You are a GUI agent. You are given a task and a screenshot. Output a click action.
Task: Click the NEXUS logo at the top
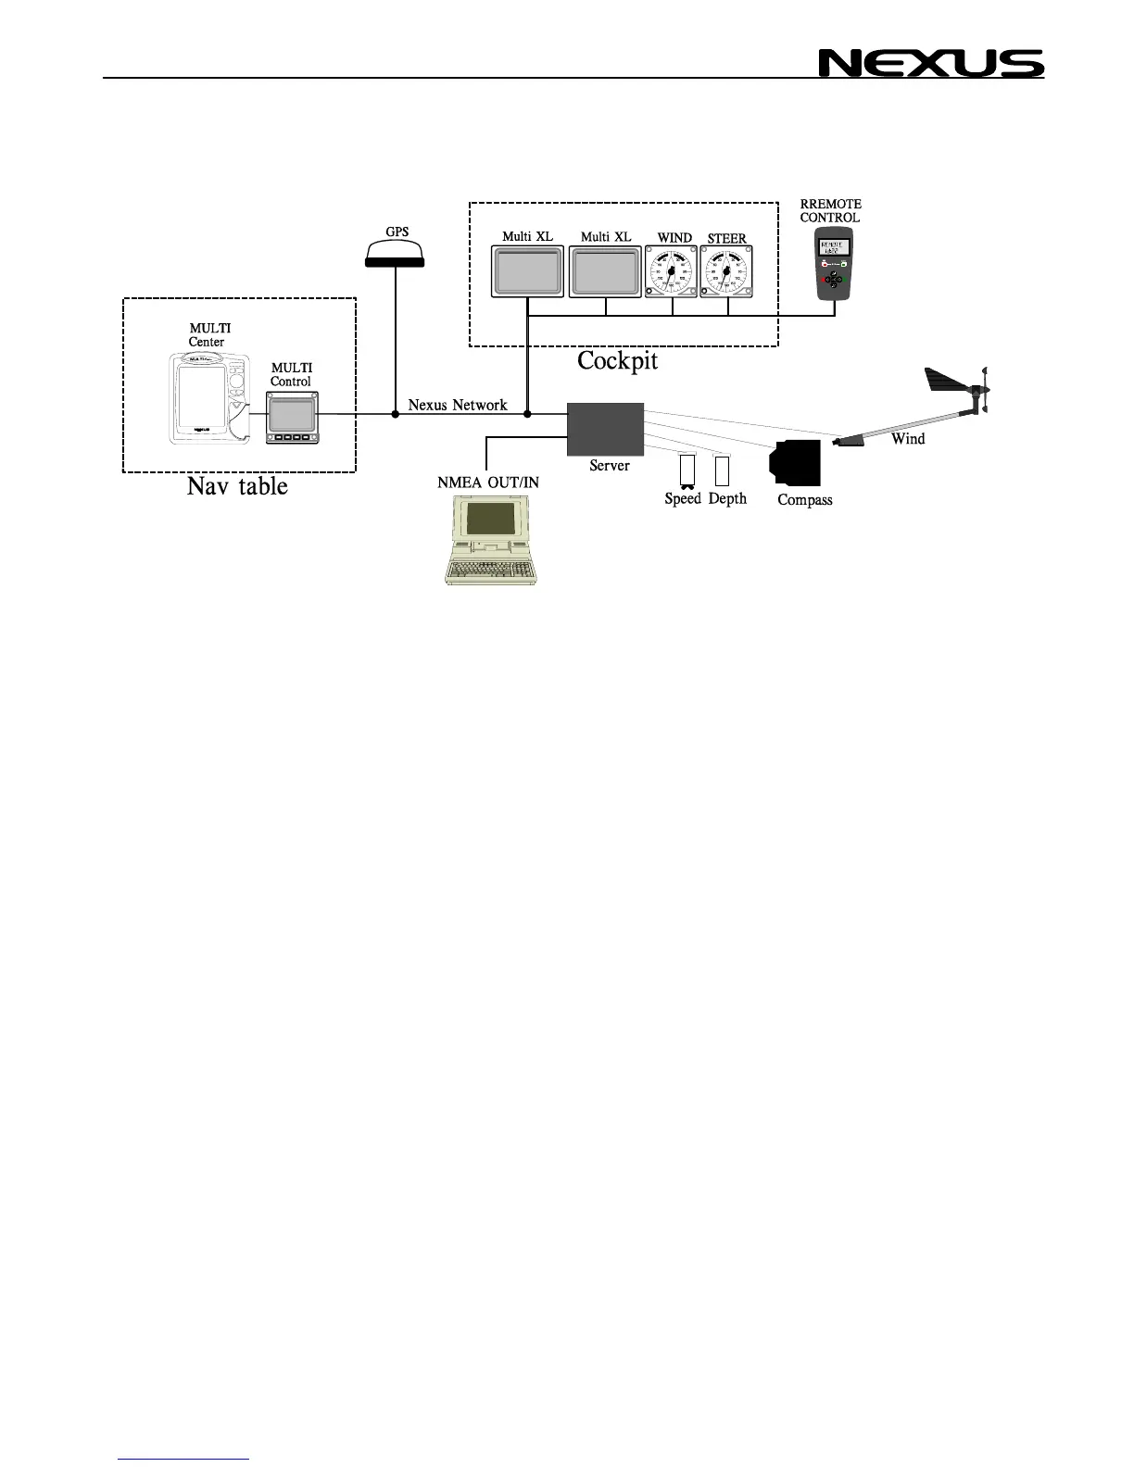point(930,63)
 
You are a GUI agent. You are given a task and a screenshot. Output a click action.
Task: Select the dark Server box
point(605,429)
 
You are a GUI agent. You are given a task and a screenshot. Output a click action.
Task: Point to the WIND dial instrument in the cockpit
point(671,272)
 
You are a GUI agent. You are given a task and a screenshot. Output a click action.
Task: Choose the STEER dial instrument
point(726,272)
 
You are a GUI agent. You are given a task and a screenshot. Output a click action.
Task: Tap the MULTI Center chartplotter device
point(211,395)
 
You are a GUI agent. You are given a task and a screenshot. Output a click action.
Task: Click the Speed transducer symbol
point(687,472)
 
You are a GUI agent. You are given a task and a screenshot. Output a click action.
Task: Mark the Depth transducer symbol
point(723,471)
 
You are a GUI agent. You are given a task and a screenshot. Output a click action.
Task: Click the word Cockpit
point(617,361)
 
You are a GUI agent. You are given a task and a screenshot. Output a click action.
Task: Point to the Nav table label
point(237,486)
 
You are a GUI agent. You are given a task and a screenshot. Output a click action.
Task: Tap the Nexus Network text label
point(458,405)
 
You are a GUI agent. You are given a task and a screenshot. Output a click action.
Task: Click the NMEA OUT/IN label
point(488,483)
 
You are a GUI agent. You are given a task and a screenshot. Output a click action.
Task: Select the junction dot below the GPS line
point(396,414)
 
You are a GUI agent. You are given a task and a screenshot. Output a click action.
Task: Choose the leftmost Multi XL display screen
point(527,272)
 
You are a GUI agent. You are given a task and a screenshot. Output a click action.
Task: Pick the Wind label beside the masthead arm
point(908,439)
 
